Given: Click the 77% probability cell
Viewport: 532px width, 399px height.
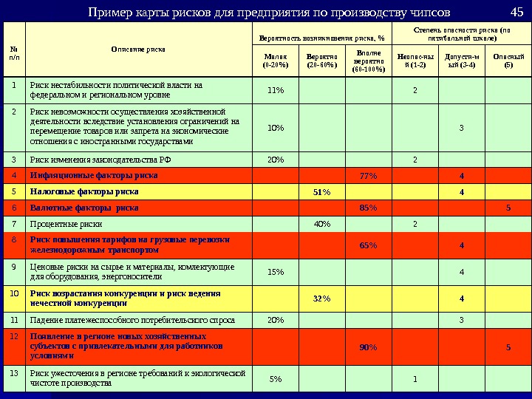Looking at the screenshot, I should [x=367, y=176].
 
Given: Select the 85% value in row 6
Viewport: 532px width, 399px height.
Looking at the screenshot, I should [x=367, y=208].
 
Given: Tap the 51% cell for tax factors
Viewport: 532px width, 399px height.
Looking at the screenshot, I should [x=321, y=192].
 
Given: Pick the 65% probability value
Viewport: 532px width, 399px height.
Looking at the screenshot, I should [x=367, y=245].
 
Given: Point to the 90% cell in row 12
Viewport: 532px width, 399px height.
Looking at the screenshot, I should [x=367, y=347].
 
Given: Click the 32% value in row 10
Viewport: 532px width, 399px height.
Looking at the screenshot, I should [x=321, y=299].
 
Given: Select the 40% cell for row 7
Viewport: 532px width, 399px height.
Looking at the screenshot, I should [x=321, y=224].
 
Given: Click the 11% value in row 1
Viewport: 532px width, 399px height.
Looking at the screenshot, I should [x=276, y=90].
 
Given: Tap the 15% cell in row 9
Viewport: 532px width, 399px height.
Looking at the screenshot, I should [x=276, y=272].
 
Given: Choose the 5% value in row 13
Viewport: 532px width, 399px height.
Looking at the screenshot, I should [x=276, y=379].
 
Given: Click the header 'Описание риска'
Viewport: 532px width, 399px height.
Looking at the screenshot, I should [x=138, y=49].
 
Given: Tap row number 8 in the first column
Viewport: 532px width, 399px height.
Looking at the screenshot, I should [x=13, y=240].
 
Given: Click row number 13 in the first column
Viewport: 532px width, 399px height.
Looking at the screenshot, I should [x=13, y=373].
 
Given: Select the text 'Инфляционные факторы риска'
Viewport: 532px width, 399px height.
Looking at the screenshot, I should [x=93, y=176].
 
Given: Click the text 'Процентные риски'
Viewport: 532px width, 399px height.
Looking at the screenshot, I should [x=66, y=223].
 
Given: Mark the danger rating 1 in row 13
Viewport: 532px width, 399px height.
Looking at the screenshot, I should [x=415, y=379].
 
